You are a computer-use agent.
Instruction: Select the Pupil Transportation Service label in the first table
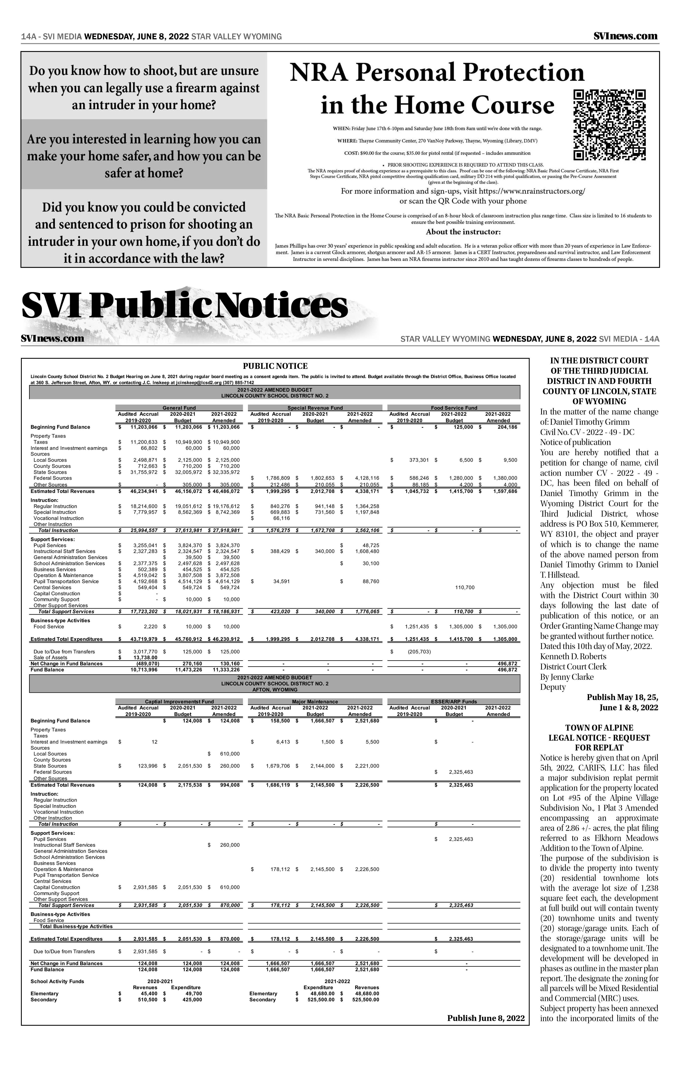tap(66, 581)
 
